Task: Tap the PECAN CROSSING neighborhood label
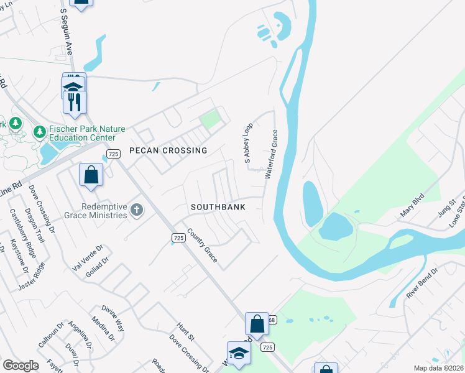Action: [168, 151]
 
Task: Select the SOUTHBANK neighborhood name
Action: [218, 207]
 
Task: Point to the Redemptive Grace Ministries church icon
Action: [137, 211]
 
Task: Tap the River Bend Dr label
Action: [423, 282]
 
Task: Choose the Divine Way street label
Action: [113, 318]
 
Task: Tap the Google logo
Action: [21, 366]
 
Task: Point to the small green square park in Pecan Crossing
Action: [210, 118]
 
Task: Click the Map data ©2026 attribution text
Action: [438, 368]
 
